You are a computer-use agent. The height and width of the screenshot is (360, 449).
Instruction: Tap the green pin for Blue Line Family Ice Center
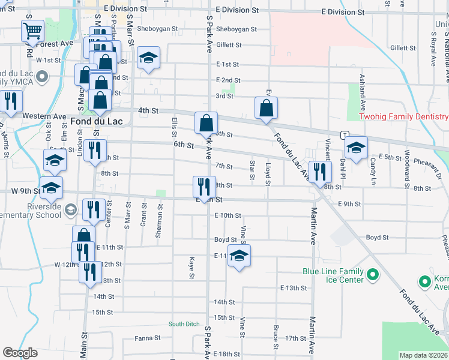point(372,275)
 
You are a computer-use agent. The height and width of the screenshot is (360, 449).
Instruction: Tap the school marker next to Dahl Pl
point(356,147)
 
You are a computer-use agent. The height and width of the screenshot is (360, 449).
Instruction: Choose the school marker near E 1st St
point(148,58)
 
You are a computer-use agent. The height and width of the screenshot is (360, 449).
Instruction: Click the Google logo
point(20,353)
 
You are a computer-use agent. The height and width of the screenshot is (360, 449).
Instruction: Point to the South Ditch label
point(184,324)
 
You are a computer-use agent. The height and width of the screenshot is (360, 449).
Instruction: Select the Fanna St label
point(148,338)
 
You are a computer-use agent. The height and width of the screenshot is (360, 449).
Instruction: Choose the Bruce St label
point(276,337)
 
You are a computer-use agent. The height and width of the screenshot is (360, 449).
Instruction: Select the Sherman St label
point(160,221)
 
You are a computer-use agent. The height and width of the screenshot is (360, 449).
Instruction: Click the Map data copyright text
point(423,355)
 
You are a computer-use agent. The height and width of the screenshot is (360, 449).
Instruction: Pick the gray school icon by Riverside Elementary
point(70,209)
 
